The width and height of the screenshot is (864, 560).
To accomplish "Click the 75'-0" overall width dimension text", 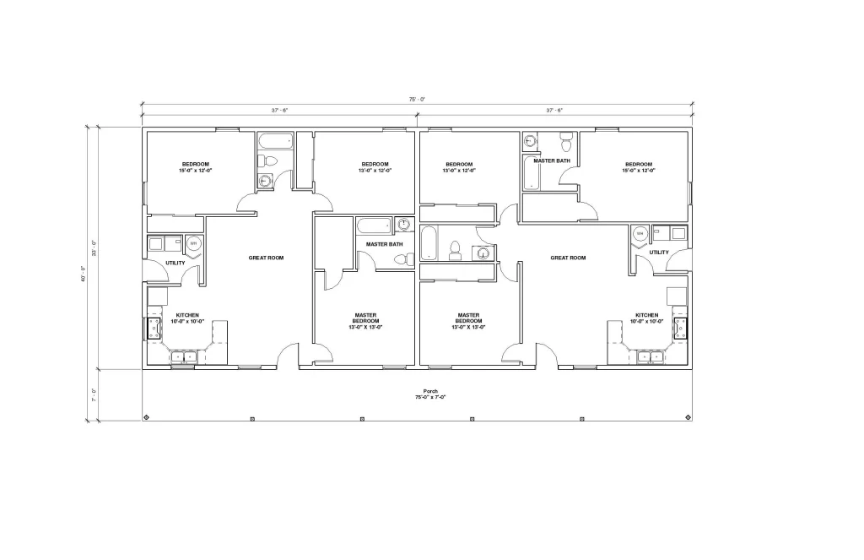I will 417,100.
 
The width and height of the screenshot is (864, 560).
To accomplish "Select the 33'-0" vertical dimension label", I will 94,247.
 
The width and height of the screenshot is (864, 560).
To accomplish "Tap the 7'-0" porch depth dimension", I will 94,394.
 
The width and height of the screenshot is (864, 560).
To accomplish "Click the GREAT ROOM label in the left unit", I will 266,258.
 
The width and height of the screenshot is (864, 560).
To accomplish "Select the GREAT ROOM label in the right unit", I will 568,258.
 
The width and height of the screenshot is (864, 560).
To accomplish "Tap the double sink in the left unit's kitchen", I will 183,357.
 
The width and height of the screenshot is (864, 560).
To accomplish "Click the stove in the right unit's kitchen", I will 680,329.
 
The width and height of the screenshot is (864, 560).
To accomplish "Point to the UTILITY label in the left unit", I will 175,263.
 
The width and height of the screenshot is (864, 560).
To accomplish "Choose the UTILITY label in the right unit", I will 659,252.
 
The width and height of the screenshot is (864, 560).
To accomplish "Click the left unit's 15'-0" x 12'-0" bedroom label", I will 195,167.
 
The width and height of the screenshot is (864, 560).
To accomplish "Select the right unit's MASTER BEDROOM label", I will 468,318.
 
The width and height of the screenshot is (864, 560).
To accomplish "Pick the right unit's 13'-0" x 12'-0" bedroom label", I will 459,167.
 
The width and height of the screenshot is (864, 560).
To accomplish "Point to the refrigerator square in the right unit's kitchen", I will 677,295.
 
